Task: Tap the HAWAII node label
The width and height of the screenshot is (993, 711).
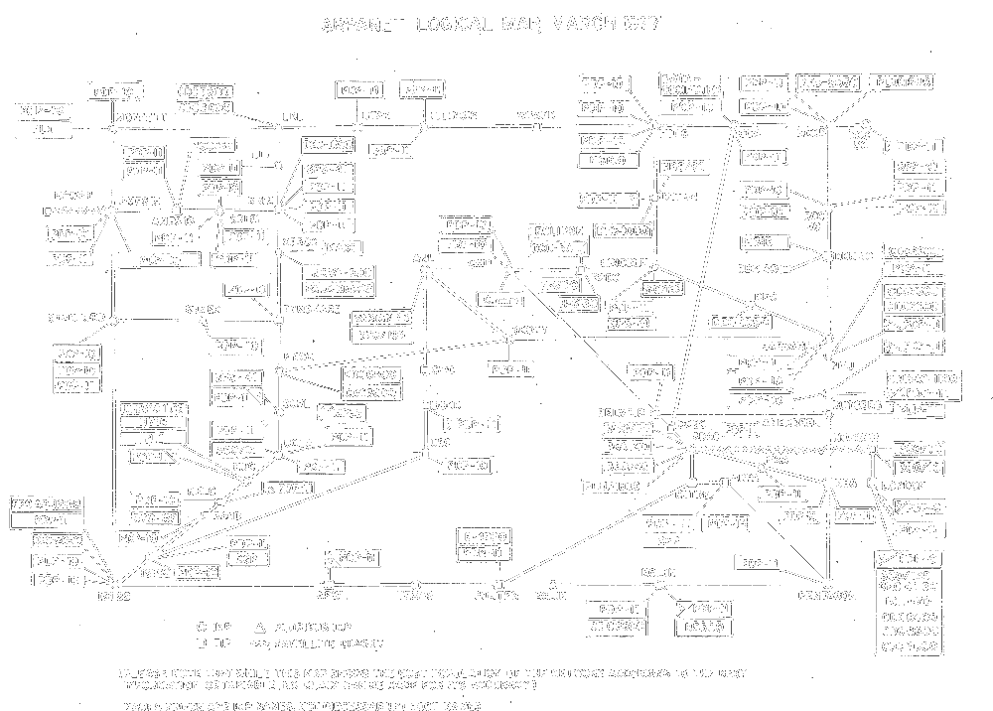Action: click(75, 196)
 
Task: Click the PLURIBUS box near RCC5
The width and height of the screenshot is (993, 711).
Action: click(903, 82)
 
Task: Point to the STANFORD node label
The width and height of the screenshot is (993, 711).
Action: click(76, 318)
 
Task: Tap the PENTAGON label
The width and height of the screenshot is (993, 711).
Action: click(826, 595)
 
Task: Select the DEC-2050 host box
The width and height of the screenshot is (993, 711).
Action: click(828, 82)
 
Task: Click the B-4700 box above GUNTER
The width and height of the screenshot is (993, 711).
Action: click(487, 535)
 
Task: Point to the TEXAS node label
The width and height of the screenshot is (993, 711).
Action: click(416, 596)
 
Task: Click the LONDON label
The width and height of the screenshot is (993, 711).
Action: click(904, 487)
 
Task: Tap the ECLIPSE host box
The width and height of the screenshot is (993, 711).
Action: click(557, 231)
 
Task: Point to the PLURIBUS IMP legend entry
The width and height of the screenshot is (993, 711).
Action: click(308, 628)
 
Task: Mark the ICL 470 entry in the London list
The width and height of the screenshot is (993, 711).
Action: click(910, 601)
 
